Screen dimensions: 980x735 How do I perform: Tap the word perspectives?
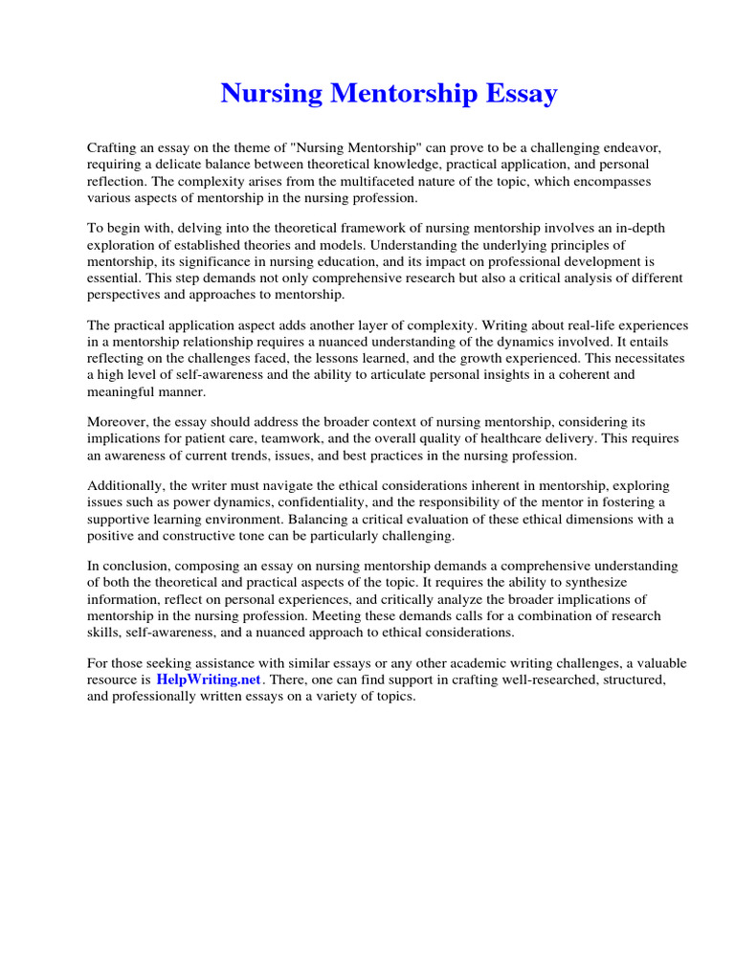click(125, 294)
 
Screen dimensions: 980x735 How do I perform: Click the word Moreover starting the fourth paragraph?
click(119, 421)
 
